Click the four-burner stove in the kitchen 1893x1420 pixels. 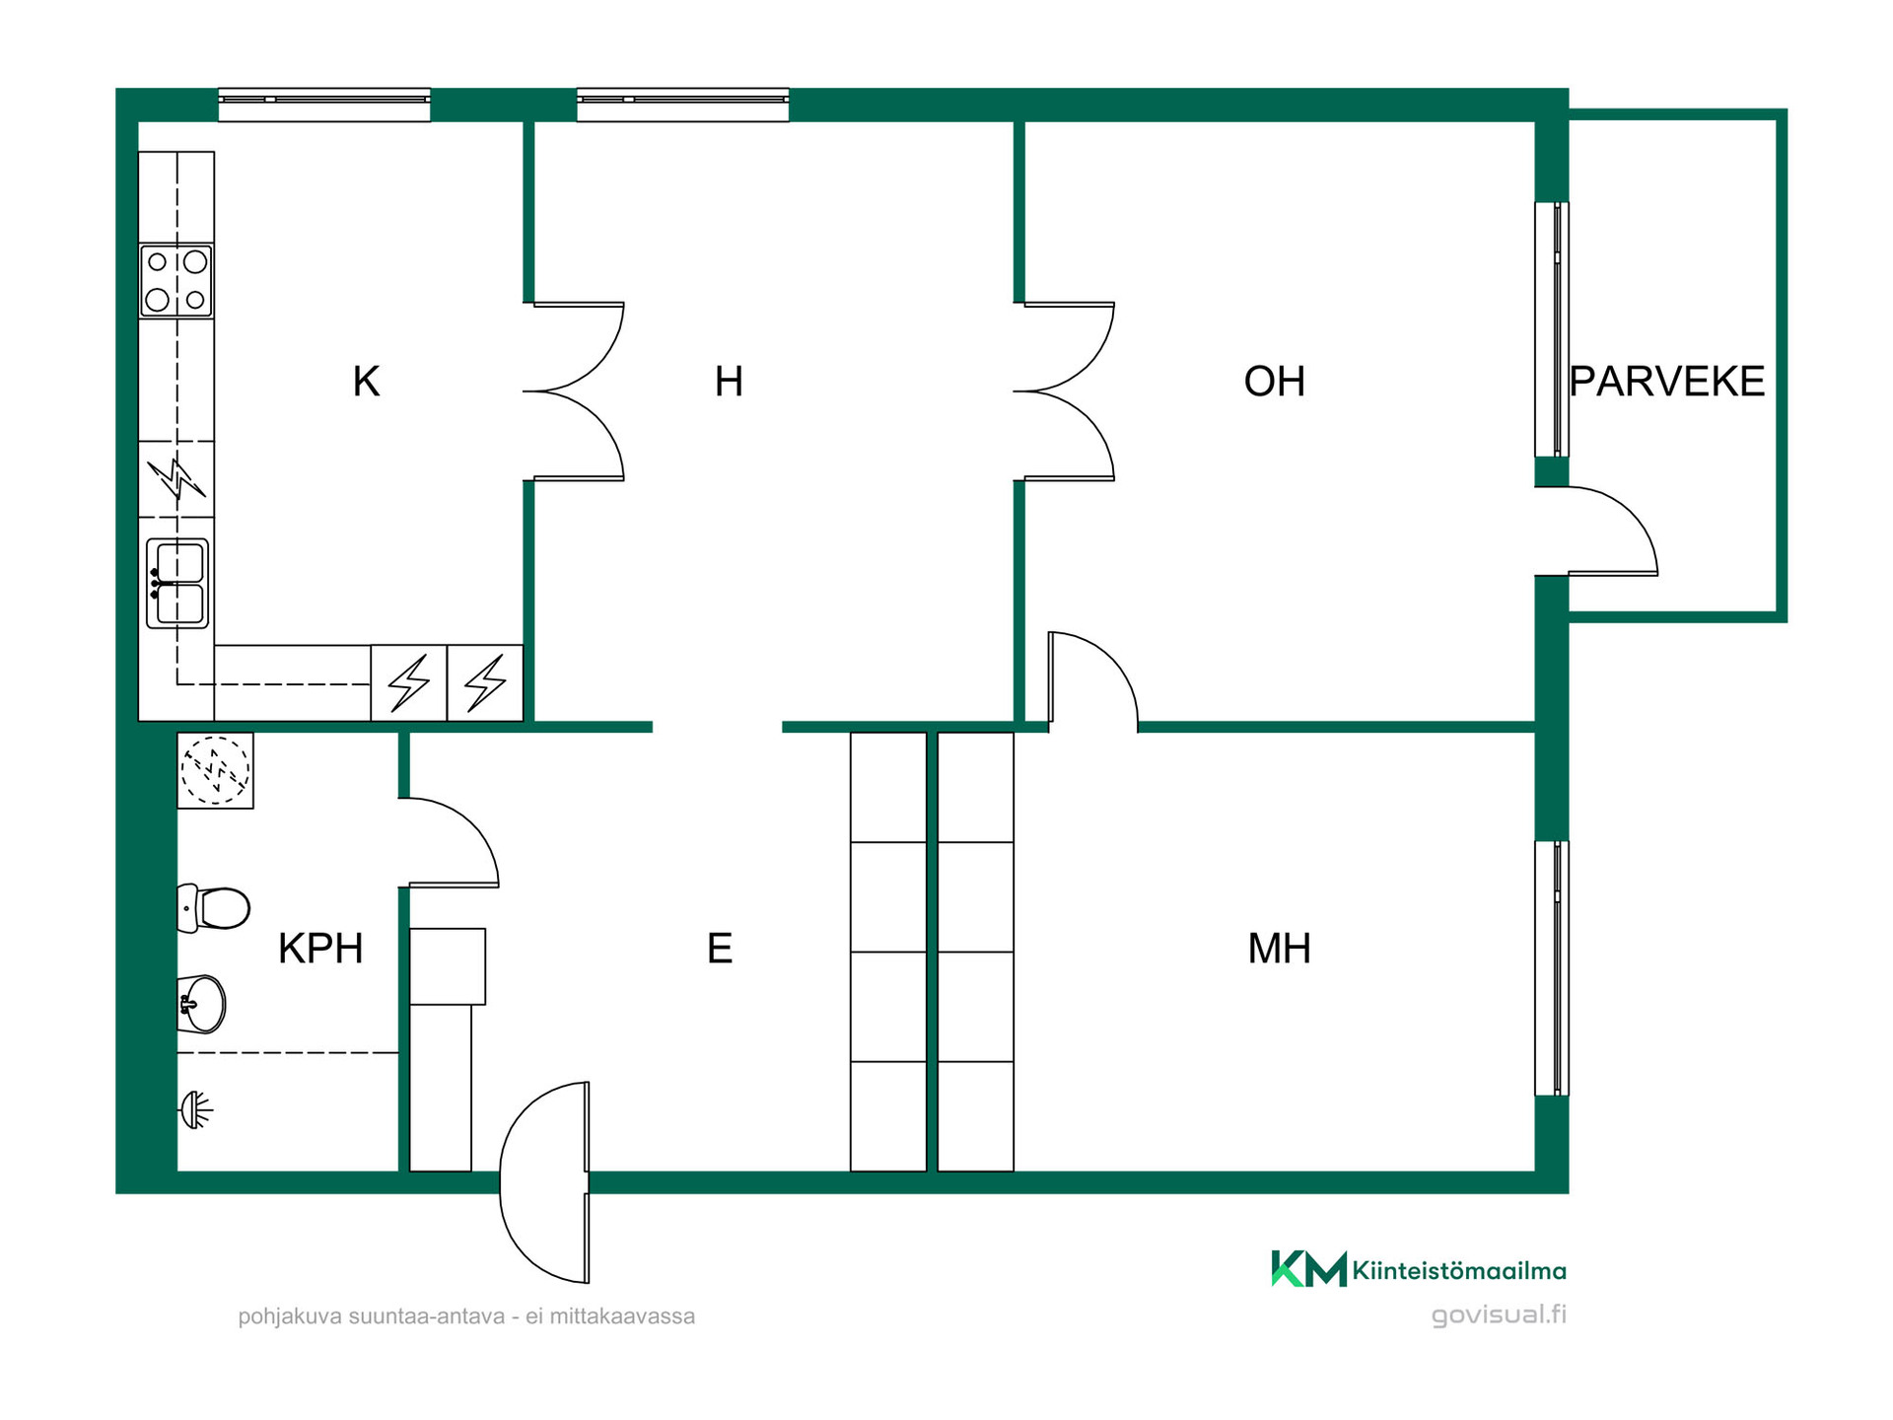[x=176, y=281]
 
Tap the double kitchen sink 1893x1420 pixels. [x=177, y=583]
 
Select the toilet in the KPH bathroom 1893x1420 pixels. [x=213, y=908]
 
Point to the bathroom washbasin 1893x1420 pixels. [x=201, y=1004]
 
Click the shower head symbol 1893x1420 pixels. [x=196, y=1110]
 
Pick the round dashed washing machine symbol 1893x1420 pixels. [x=215, y=770]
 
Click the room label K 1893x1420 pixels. [x=366, y=382]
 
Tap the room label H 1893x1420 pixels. [x=729, y=382]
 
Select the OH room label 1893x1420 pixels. [x=1274, y=382]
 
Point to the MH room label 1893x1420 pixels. [x=1279, y=949]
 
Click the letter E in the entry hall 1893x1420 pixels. [x=720, y=949]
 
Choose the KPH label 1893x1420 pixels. [x=320, y=949]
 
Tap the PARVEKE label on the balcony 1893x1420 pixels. [x=1666, y=382]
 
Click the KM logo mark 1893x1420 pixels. [x=1308, y=1268]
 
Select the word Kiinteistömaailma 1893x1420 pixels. [x=1459, y=1270]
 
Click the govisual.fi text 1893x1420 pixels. [x=1499, y=1315]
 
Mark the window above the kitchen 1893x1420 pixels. [x=324, y=105]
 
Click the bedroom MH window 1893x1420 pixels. [x=1552, y=967]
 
